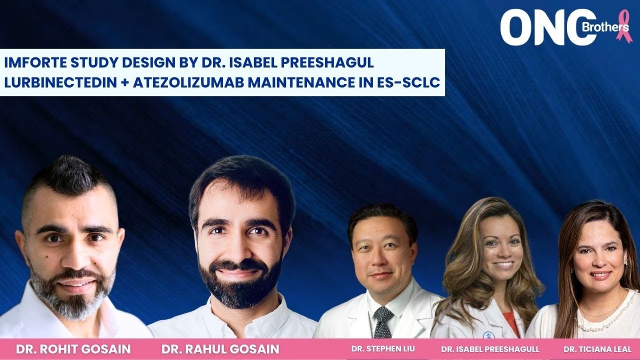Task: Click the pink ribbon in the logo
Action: (x=624, y=26)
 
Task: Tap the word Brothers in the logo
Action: (x=605, y=27)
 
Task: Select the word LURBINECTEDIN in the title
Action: (x=60, y=82)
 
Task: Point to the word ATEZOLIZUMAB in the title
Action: (x=188, y=82)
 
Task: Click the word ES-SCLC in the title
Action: (x=408, y=82)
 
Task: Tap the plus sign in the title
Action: (x=125, y=83)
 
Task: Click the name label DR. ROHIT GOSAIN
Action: (x=73, y=349)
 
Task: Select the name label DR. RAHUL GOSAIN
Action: (x=220, y=349)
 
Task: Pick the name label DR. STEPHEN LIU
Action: (x=383, y=349)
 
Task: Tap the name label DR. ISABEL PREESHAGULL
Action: (x=490, y=349)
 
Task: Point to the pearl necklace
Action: (x=605, y=317)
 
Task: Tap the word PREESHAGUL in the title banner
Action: (x=327, y=62)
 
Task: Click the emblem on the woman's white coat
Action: (x=488, y=335)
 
